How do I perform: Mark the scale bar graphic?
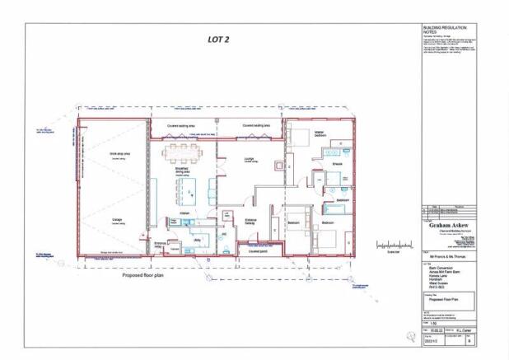[394, 245]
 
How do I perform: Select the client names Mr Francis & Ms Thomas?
[440, 260]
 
